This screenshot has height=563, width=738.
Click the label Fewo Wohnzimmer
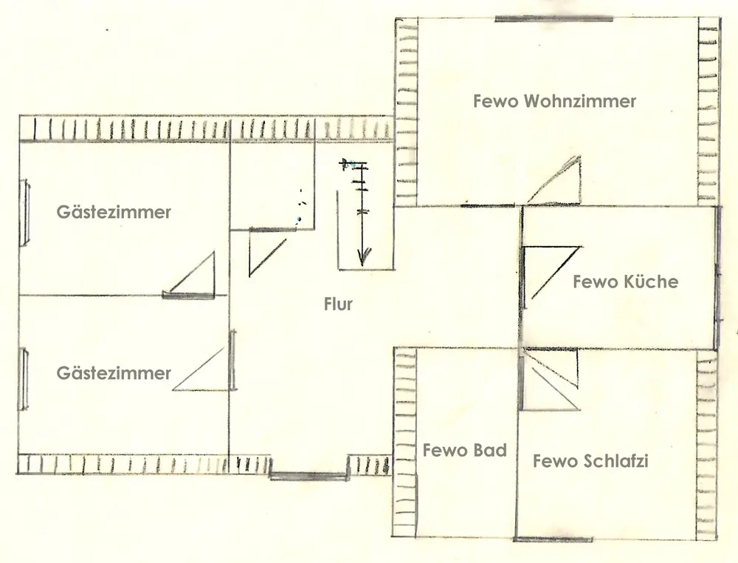tap(554, 101)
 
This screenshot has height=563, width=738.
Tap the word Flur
tap(338, 304)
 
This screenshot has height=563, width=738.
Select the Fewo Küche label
tap(625, 281)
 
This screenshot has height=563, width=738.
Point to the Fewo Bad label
tap(464, 450)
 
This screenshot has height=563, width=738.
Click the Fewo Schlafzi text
tap(590, 462)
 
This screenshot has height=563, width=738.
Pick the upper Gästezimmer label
tap(114, 212)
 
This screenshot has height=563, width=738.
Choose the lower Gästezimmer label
tap(114, 373)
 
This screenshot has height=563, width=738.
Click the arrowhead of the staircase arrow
tap(362, 258)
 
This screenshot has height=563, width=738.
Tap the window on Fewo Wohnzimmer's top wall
tap(553, 18)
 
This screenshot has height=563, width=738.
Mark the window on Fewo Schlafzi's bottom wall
tap(553, 539)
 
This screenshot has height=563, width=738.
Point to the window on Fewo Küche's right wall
tap(717, 277)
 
